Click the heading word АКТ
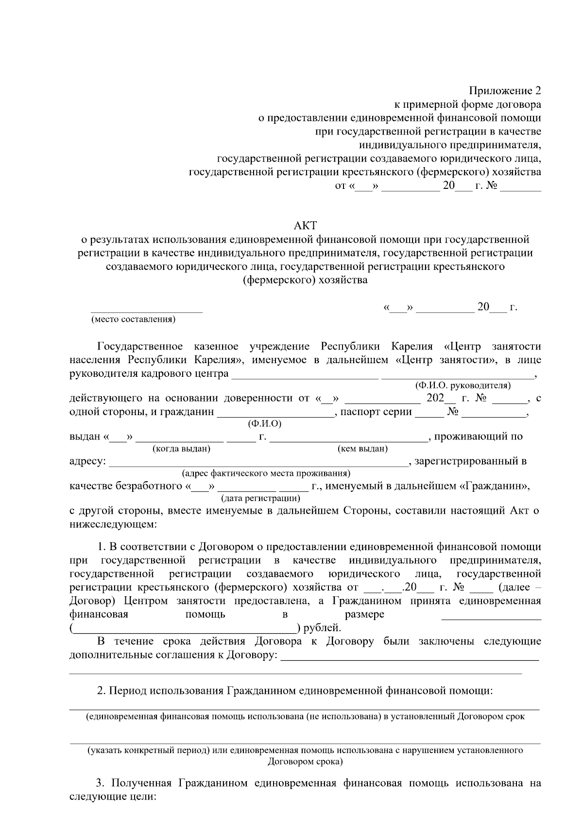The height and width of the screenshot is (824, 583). [x=305, y=225]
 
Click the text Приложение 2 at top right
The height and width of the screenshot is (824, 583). [x=504, y=91]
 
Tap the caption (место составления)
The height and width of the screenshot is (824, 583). [x=133, y=319]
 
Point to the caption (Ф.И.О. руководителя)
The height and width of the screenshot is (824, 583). [x=462, y=386]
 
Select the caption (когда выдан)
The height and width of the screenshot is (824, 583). [x=181, y=449]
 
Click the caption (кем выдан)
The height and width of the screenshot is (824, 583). [x=362, y=449]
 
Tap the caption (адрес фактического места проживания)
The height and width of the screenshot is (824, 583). [x=266, y=473]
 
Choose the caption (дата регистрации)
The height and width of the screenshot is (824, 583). [x=260, y=498]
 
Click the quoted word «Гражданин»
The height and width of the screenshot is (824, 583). [x=494, y=486]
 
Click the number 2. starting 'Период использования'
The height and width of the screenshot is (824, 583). [x=101, y=690]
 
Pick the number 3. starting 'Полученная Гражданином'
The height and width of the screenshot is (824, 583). [x=101, y=783]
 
